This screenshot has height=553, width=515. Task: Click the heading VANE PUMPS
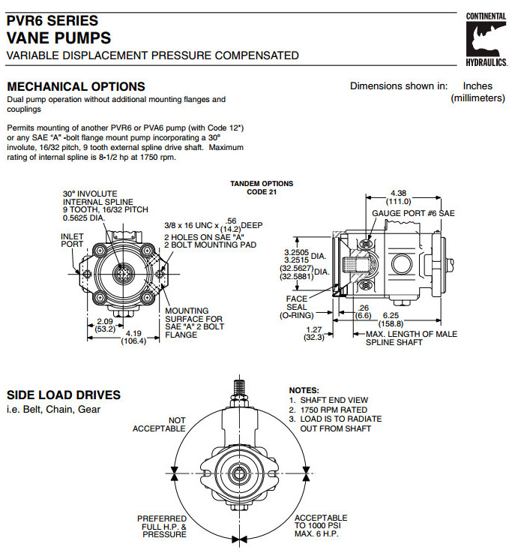coord(58,38)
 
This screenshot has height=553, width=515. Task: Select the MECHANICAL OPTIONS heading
coord(76,87)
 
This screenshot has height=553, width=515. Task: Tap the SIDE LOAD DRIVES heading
coord(64,395)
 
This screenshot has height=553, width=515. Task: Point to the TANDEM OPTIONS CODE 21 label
coord(262,188)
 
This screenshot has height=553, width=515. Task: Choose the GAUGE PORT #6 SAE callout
coord(413,214)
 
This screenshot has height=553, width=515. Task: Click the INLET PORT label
coord(72,239)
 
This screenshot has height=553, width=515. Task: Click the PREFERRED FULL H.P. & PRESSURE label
coord(162,526)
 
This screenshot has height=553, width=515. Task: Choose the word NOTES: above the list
coord(304,391)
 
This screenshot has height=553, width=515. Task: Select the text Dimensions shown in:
coord(399,86)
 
